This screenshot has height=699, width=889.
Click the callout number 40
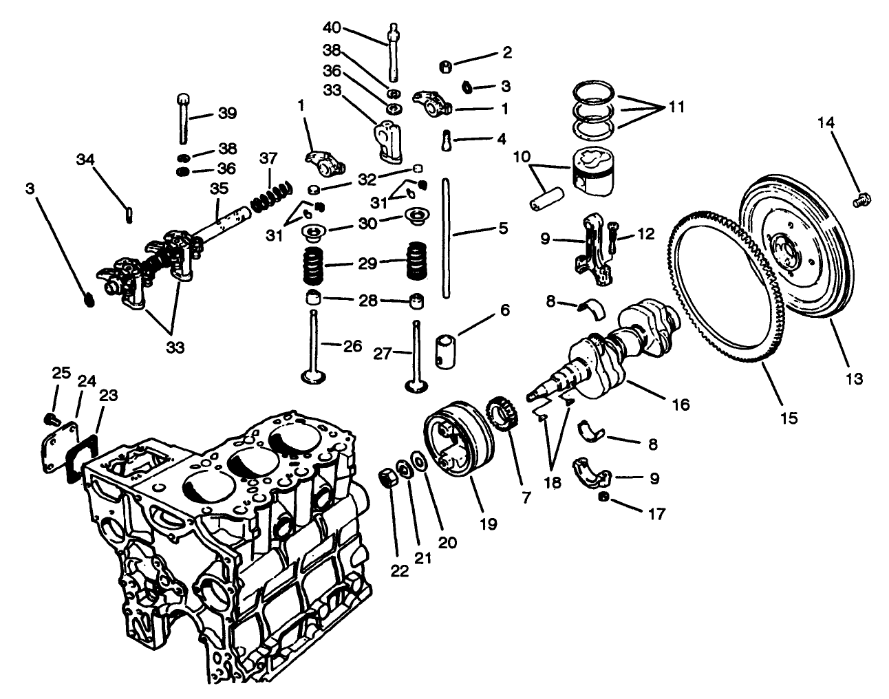pyautogui.click(x=332, y=28)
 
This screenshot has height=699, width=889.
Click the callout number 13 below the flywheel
pyautogui.click(x=855, y=378)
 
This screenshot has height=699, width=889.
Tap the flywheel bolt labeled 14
pyautogui.click(x=861, y=200)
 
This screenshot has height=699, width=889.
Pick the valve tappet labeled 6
pyautogui.click(x=448, y=347)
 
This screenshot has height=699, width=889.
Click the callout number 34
pyautogui.click(x=85, y=160)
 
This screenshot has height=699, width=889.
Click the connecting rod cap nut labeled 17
pyautogui.click(x=604, y=497)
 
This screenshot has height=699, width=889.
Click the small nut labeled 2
pyautogui.click(x=447, y=67)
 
